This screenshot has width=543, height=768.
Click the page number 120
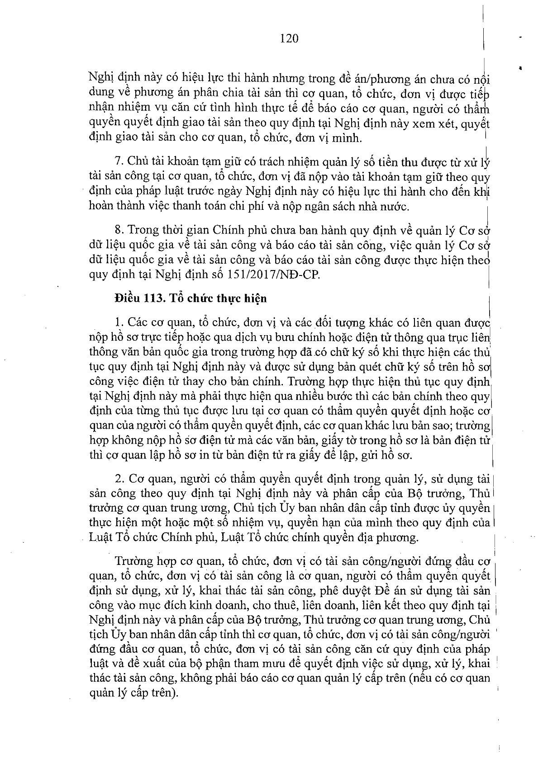[289, 38]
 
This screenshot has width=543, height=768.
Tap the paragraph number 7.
[119, 161]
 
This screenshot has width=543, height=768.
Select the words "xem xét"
[437, 124]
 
